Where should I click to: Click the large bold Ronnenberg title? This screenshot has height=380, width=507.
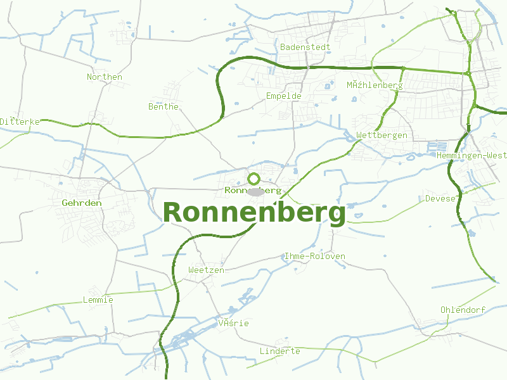coord(254,213)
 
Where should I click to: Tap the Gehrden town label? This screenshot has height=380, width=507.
coord(82,203)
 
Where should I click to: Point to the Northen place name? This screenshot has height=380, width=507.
coord(105,77)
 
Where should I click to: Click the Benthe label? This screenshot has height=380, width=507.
coord(164,106)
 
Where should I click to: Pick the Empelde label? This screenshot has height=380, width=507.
coord(283,96)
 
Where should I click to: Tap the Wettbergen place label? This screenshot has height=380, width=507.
coord(382,136)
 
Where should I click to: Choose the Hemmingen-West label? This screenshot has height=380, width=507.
coord(472,155)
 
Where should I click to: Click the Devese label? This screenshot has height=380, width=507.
coord(440,198)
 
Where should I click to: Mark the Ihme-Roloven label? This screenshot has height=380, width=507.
coord(315,256)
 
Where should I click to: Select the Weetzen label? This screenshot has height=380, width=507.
coord(206,270)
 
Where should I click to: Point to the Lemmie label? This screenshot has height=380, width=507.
coord(98,300)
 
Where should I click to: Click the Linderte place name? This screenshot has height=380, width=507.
coord(280,351)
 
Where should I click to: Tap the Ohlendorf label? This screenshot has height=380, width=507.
coord(463,310)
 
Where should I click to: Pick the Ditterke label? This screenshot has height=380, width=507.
coord(20,121)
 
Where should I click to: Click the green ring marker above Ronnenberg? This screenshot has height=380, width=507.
coord(254,179)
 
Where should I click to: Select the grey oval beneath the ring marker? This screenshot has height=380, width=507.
coord(255,191)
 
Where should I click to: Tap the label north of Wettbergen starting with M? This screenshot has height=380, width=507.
coord(375,85)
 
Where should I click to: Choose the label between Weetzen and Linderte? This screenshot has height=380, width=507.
coord(233,323)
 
